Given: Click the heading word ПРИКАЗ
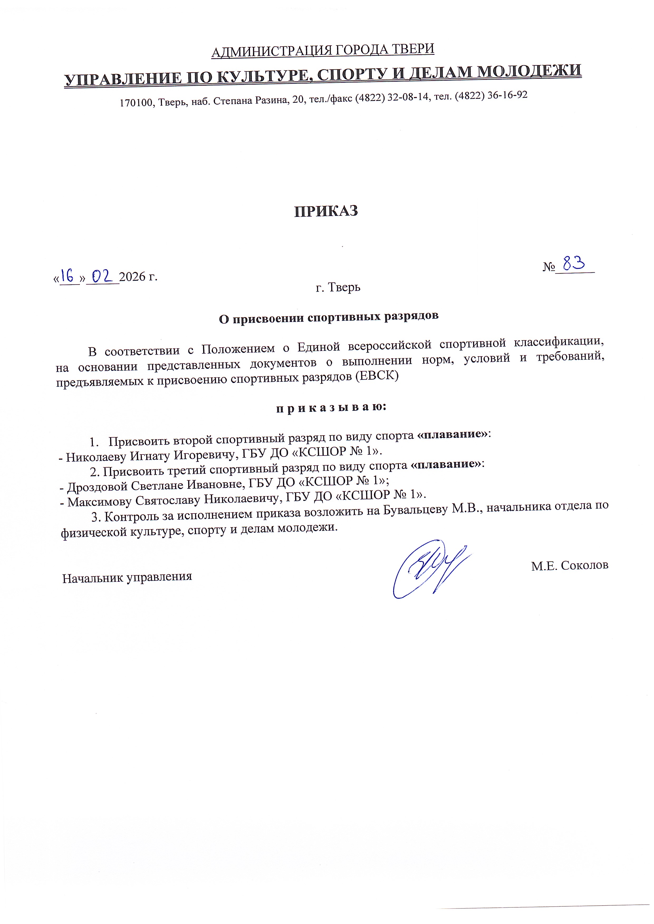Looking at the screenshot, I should pos(326,211).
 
